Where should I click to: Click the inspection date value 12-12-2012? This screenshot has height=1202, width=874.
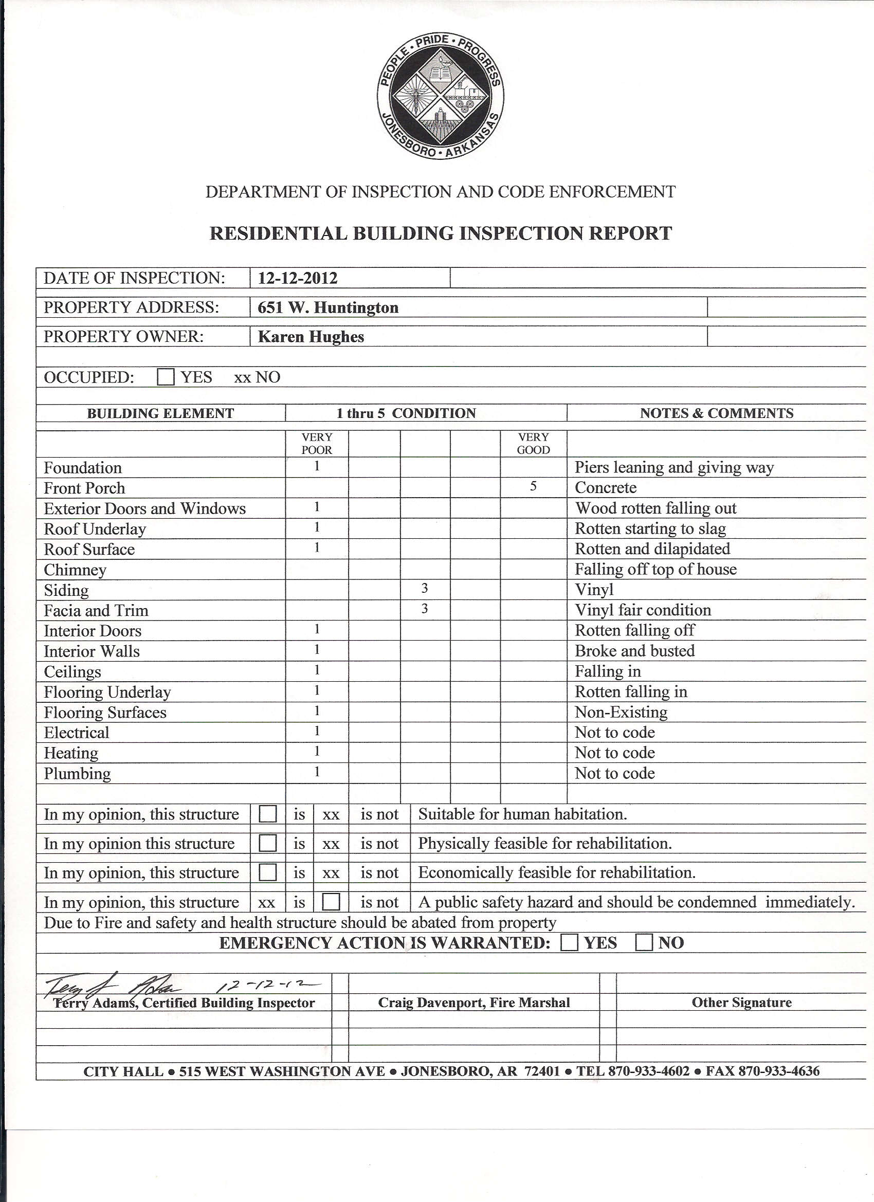click(x=297, y=278)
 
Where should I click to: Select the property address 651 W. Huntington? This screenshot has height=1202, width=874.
click(x=328, y=307)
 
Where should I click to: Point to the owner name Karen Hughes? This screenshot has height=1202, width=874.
click(x=311, y=337)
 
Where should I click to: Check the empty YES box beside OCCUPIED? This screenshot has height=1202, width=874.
click(x=166, y=377)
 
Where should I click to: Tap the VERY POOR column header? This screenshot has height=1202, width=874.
click(x=317, y=444)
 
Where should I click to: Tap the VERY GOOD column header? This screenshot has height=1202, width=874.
click(x=533, y=444)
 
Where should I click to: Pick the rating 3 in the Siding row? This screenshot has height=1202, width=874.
click(x=425, y=588)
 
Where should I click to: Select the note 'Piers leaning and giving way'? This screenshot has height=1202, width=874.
click(x=674, y=467)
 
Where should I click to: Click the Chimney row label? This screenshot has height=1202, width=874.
click(x=75, y=570)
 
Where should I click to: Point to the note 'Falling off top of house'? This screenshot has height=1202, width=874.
click(x=655, y=569)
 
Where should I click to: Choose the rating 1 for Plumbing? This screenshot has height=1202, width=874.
click(x=317, y=772)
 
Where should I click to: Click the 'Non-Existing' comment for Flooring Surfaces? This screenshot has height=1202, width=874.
click(x=621, y=712)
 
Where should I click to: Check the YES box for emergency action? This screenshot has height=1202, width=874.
click(x=570, y=943)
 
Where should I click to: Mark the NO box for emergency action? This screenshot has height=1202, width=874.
click(x=644, y=943)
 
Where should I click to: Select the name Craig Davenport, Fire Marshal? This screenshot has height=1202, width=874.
click(x=474, y=1002)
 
